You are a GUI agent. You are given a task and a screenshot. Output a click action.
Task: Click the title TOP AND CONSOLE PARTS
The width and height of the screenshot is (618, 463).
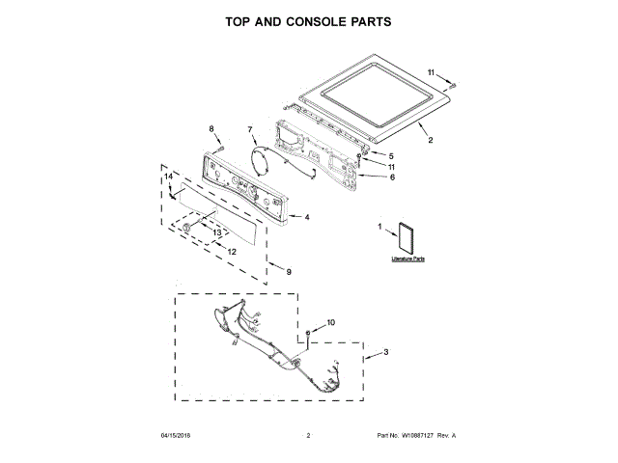click(x=309, y=20)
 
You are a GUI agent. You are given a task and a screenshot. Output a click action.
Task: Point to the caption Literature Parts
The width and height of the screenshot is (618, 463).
click(x=408, y=259)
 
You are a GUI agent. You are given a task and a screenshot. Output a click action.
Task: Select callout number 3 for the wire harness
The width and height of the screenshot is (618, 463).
click(x=386, y=353)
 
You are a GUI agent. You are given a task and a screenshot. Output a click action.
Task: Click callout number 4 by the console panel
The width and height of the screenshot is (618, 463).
click(x=306, y=217)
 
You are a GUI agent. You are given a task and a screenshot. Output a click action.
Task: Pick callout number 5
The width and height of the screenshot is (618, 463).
click(x=391, y=155)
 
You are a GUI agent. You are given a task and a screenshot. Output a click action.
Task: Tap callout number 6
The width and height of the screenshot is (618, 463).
click(x=392, y=177)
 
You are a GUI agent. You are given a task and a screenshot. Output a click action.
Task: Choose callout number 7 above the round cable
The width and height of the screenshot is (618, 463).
click(x=249, y=129)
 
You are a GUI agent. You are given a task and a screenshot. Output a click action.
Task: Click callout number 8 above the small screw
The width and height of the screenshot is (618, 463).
click(x=211, y=128)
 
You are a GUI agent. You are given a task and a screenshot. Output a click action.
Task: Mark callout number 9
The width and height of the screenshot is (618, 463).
click(x=289, y=272)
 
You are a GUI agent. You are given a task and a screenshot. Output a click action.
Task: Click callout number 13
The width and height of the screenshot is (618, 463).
click(x=217, y=232)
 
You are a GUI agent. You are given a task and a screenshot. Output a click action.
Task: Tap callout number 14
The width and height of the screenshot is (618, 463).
click(x=167, y=177)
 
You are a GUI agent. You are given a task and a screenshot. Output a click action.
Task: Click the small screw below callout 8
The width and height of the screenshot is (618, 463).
click(x=220, y=147)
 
